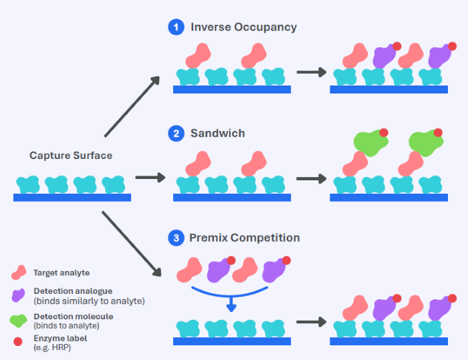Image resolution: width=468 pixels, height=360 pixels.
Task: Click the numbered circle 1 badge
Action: (x=176, y=27)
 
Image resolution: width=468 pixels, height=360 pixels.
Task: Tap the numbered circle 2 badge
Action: (x=176, y=134)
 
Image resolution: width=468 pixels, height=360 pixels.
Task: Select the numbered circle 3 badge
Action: (x=176, y=238)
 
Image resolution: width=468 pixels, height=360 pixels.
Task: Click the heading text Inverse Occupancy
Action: (x=243, y=27)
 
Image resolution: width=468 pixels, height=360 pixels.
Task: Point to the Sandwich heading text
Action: (x=217, y=134)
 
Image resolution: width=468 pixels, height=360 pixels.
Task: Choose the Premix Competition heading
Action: (x=245, y=238)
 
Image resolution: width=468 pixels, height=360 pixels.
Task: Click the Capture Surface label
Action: (x=71, y=156)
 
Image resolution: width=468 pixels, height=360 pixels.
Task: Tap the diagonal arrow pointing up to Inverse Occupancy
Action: (x=132, y=106)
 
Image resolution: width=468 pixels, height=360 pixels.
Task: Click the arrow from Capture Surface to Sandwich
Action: (x=150, y=178)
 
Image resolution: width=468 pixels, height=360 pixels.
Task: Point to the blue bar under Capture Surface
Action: (x=72, y=198)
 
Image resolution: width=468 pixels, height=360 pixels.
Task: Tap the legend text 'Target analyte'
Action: (x=61, y=273)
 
